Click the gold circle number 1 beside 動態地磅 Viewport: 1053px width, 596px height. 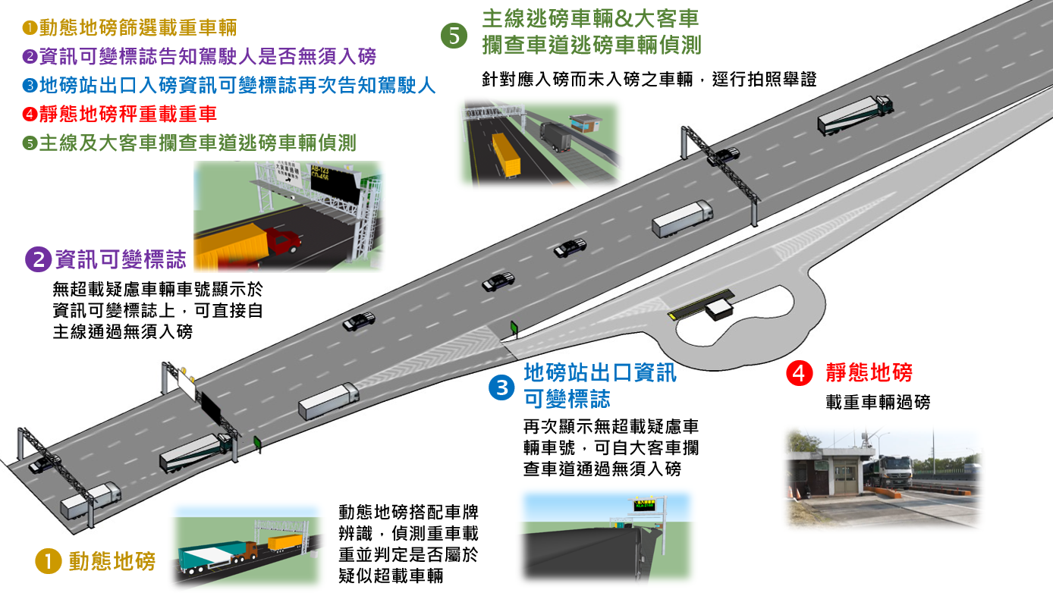(x=48, y=561)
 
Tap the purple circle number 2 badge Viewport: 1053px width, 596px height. (x=37, y=260)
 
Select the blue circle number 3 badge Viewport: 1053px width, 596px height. (x=501, y=387)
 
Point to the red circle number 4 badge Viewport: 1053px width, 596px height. (x=800, y=374)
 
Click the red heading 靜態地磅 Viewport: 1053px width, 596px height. (x=869, y=373)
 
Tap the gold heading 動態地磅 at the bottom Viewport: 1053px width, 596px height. (x=112, y=561)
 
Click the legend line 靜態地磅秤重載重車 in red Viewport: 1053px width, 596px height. (x=120, y=114)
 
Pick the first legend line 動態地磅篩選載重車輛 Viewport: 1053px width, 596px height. (x=129, y=28)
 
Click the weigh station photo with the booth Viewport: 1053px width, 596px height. (x=884, y=478)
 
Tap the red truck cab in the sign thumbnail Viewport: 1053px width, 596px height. (x=284, y=242)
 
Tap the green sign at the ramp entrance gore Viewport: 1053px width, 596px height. (x=514, y=327)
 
